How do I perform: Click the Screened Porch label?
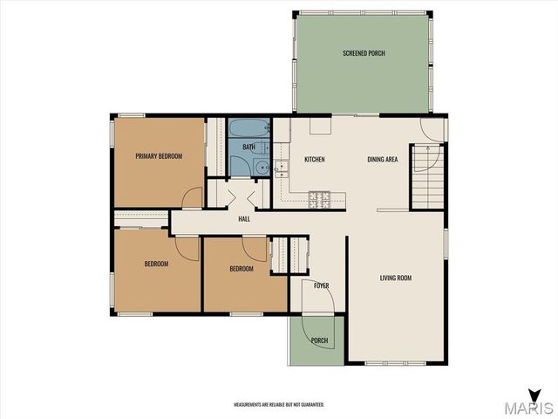pyautogui.click(x=364, y=53)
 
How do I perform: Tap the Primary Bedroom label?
pyautogui.click(x=159, y=156)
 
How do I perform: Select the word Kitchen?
pyautogui.click(x=315, y=159)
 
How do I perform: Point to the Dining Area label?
pyautogui.click(x=383, y=159)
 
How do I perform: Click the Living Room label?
pyautogui.click(x=396, y=278)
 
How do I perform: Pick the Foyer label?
pyautogui.click(x=322, y=285)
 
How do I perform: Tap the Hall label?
pyautogui.click(x=244, y=219)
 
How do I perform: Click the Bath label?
pyautogui.click(x=249, y=147)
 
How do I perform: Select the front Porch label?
pyautogui.click(x=319, y=340)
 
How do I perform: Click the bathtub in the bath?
pyautogui.click(x=249, y=128)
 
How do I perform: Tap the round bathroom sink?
pyautogui.click(x=262, y=167)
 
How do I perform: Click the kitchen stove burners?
pyautogui.click(x=319, y=200)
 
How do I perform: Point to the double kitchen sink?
pyautogui.click(x=281, y=169)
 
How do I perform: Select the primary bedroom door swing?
pyautogui.click(x=192, y=197)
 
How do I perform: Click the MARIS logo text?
pyautogui.click(x=528, y=408)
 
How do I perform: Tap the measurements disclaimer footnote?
pyautogui.click(x=279, y=405)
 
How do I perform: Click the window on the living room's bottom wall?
pyautogui.click(x=395, y=363)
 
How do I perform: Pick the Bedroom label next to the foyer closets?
pyautogui.click(x=242, y=269)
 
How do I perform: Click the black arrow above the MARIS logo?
pyautogui.click(x=534, y=395)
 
